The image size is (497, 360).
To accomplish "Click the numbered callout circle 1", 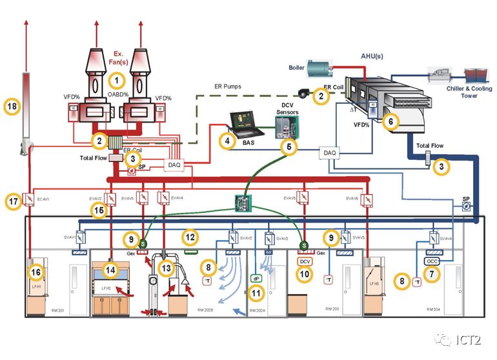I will point(116,81).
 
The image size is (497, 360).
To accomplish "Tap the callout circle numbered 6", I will point(389,120).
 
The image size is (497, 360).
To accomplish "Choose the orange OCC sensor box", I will point(432,261).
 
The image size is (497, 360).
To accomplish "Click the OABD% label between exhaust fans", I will point(117,95).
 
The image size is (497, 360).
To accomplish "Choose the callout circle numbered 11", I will point(257,294).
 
